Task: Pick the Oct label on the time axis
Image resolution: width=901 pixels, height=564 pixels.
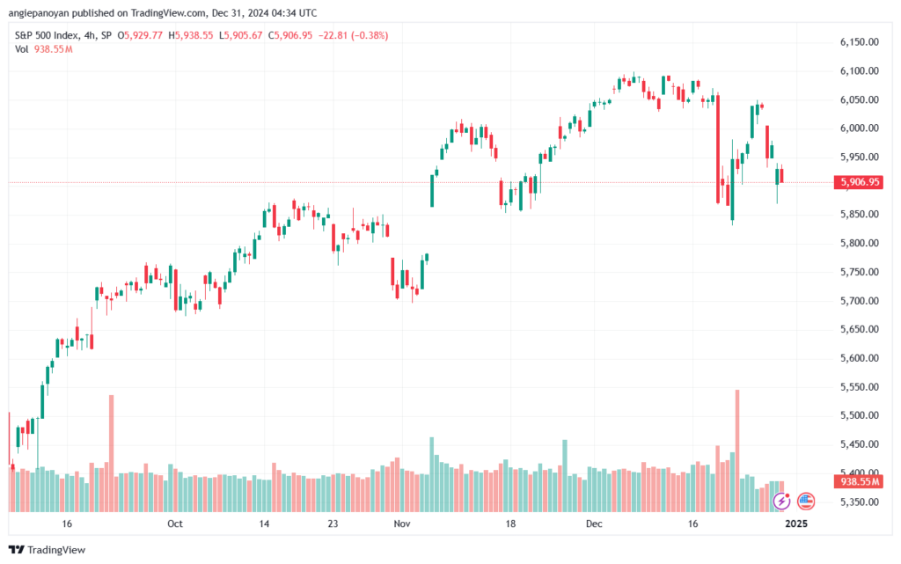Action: click(174, 524)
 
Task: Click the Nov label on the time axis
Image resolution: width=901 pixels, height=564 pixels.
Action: click(402, 524)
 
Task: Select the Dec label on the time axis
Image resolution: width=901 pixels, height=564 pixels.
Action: click(595, 524)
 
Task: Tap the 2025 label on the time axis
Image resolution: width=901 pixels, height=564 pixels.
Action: click(795, 524)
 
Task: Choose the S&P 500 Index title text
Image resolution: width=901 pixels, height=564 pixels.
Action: click(51, 35)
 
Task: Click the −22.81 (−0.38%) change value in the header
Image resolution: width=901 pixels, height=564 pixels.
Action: click(356, 35)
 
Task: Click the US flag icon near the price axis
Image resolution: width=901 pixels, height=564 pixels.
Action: click(804, 502)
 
